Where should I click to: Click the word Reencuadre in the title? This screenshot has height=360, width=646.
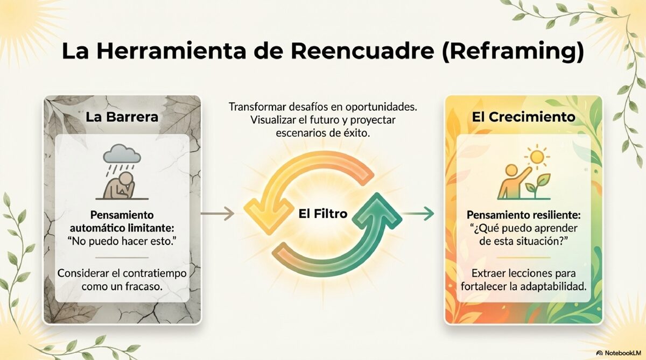tap(362, 51)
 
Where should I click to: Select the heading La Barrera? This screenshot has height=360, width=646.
tap(122, 117)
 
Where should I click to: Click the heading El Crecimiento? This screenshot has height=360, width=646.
tap(523, 117)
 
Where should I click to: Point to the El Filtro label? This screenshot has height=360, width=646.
tap(322, 214)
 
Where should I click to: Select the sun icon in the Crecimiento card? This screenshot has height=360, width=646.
tap(537, 157)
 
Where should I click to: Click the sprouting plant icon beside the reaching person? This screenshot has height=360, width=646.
tap(538, 186)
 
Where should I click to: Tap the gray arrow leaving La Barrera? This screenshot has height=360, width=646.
tap(217, 214)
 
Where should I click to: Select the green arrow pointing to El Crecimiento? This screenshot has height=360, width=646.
tap(418, 214)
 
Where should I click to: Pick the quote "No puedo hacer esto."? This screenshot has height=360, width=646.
tap(122, 241)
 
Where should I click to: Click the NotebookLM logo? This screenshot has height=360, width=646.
tap(618, 353)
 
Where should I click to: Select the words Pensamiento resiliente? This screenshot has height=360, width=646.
tap(523, 215)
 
